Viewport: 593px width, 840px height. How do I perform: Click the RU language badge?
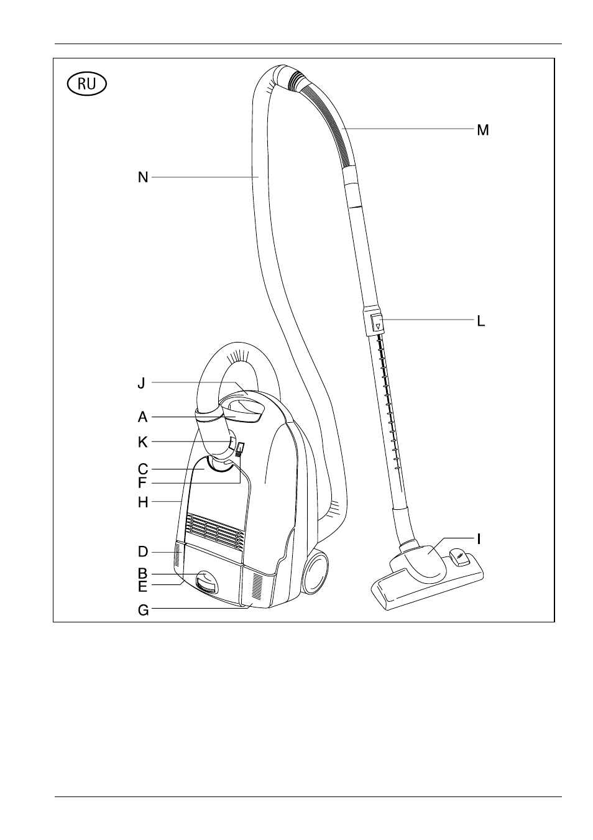86,84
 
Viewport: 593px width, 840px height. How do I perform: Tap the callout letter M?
483,130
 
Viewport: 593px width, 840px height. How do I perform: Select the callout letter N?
143,177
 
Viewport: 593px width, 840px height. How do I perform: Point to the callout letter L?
481,321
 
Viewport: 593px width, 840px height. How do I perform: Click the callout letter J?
141,383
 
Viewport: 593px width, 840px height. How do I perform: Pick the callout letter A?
142,417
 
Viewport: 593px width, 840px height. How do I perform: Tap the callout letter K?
143,442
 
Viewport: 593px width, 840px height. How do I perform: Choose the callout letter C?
143,469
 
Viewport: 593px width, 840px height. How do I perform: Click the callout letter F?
142,483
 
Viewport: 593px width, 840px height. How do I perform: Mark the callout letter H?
143,502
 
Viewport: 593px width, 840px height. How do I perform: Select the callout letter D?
143,552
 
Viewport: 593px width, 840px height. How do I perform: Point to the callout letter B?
142,573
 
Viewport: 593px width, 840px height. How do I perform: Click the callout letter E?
142,587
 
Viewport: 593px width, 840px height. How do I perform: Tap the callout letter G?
143,610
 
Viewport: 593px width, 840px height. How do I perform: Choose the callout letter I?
479,539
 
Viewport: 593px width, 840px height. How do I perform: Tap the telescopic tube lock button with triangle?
377,323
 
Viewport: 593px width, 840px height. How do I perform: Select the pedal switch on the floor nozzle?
459,556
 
